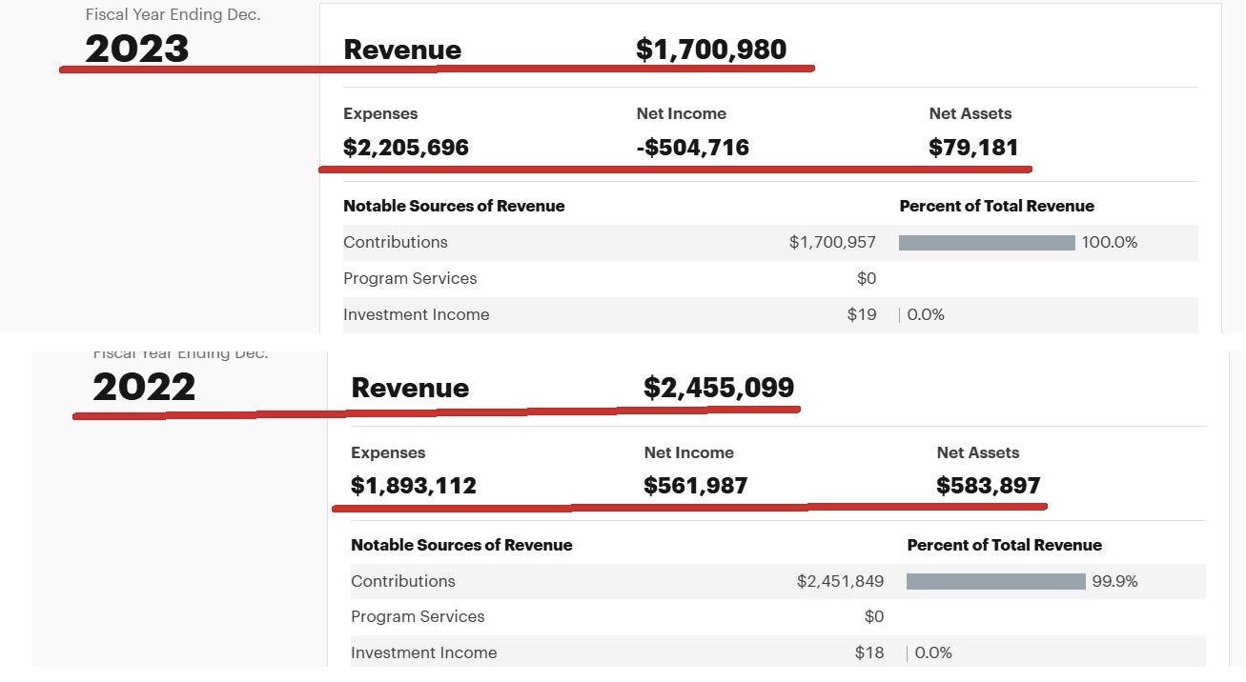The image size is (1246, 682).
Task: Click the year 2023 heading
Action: coord(137,49)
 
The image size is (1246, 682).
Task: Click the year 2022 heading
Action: coord(144,387)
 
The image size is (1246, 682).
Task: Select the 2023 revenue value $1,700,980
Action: coord(711,50)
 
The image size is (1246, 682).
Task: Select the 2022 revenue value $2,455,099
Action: coord(719,388)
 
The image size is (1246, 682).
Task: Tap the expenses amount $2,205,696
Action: coord(406,148)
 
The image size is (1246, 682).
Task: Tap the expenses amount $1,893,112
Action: coord(414,486)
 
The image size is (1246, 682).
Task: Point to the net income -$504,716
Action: coord(693,148)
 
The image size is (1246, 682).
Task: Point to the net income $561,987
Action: coord(696,486)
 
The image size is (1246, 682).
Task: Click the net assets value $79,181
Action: coord(973,148)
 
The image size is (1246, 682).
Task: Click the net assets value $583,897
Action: coord(989,486)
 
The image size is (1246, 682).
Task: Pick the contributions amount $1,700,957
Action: coord(832,242)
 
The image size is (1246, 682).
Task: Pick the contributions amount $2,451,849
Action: coord(840,581)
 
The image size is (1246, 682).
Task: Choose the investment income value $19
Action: coord(862,314)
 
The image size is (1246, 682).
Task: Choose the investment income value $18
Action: coord(869,652)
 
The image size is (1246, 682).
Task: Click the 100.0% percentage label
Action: coord(1110,242)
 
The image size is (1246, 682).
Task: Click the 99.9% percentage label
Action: coord(1114,581)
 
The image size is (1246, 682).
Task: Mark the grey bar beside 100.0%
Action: coord(987,243)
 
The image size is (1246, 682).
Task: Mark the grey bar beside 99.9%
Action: coord(995,581)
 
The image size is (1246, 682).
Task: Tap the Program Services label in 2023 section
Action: coord(410,278)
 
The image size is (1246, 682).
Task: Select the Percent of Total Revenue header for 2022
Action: coord(1005,545)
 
